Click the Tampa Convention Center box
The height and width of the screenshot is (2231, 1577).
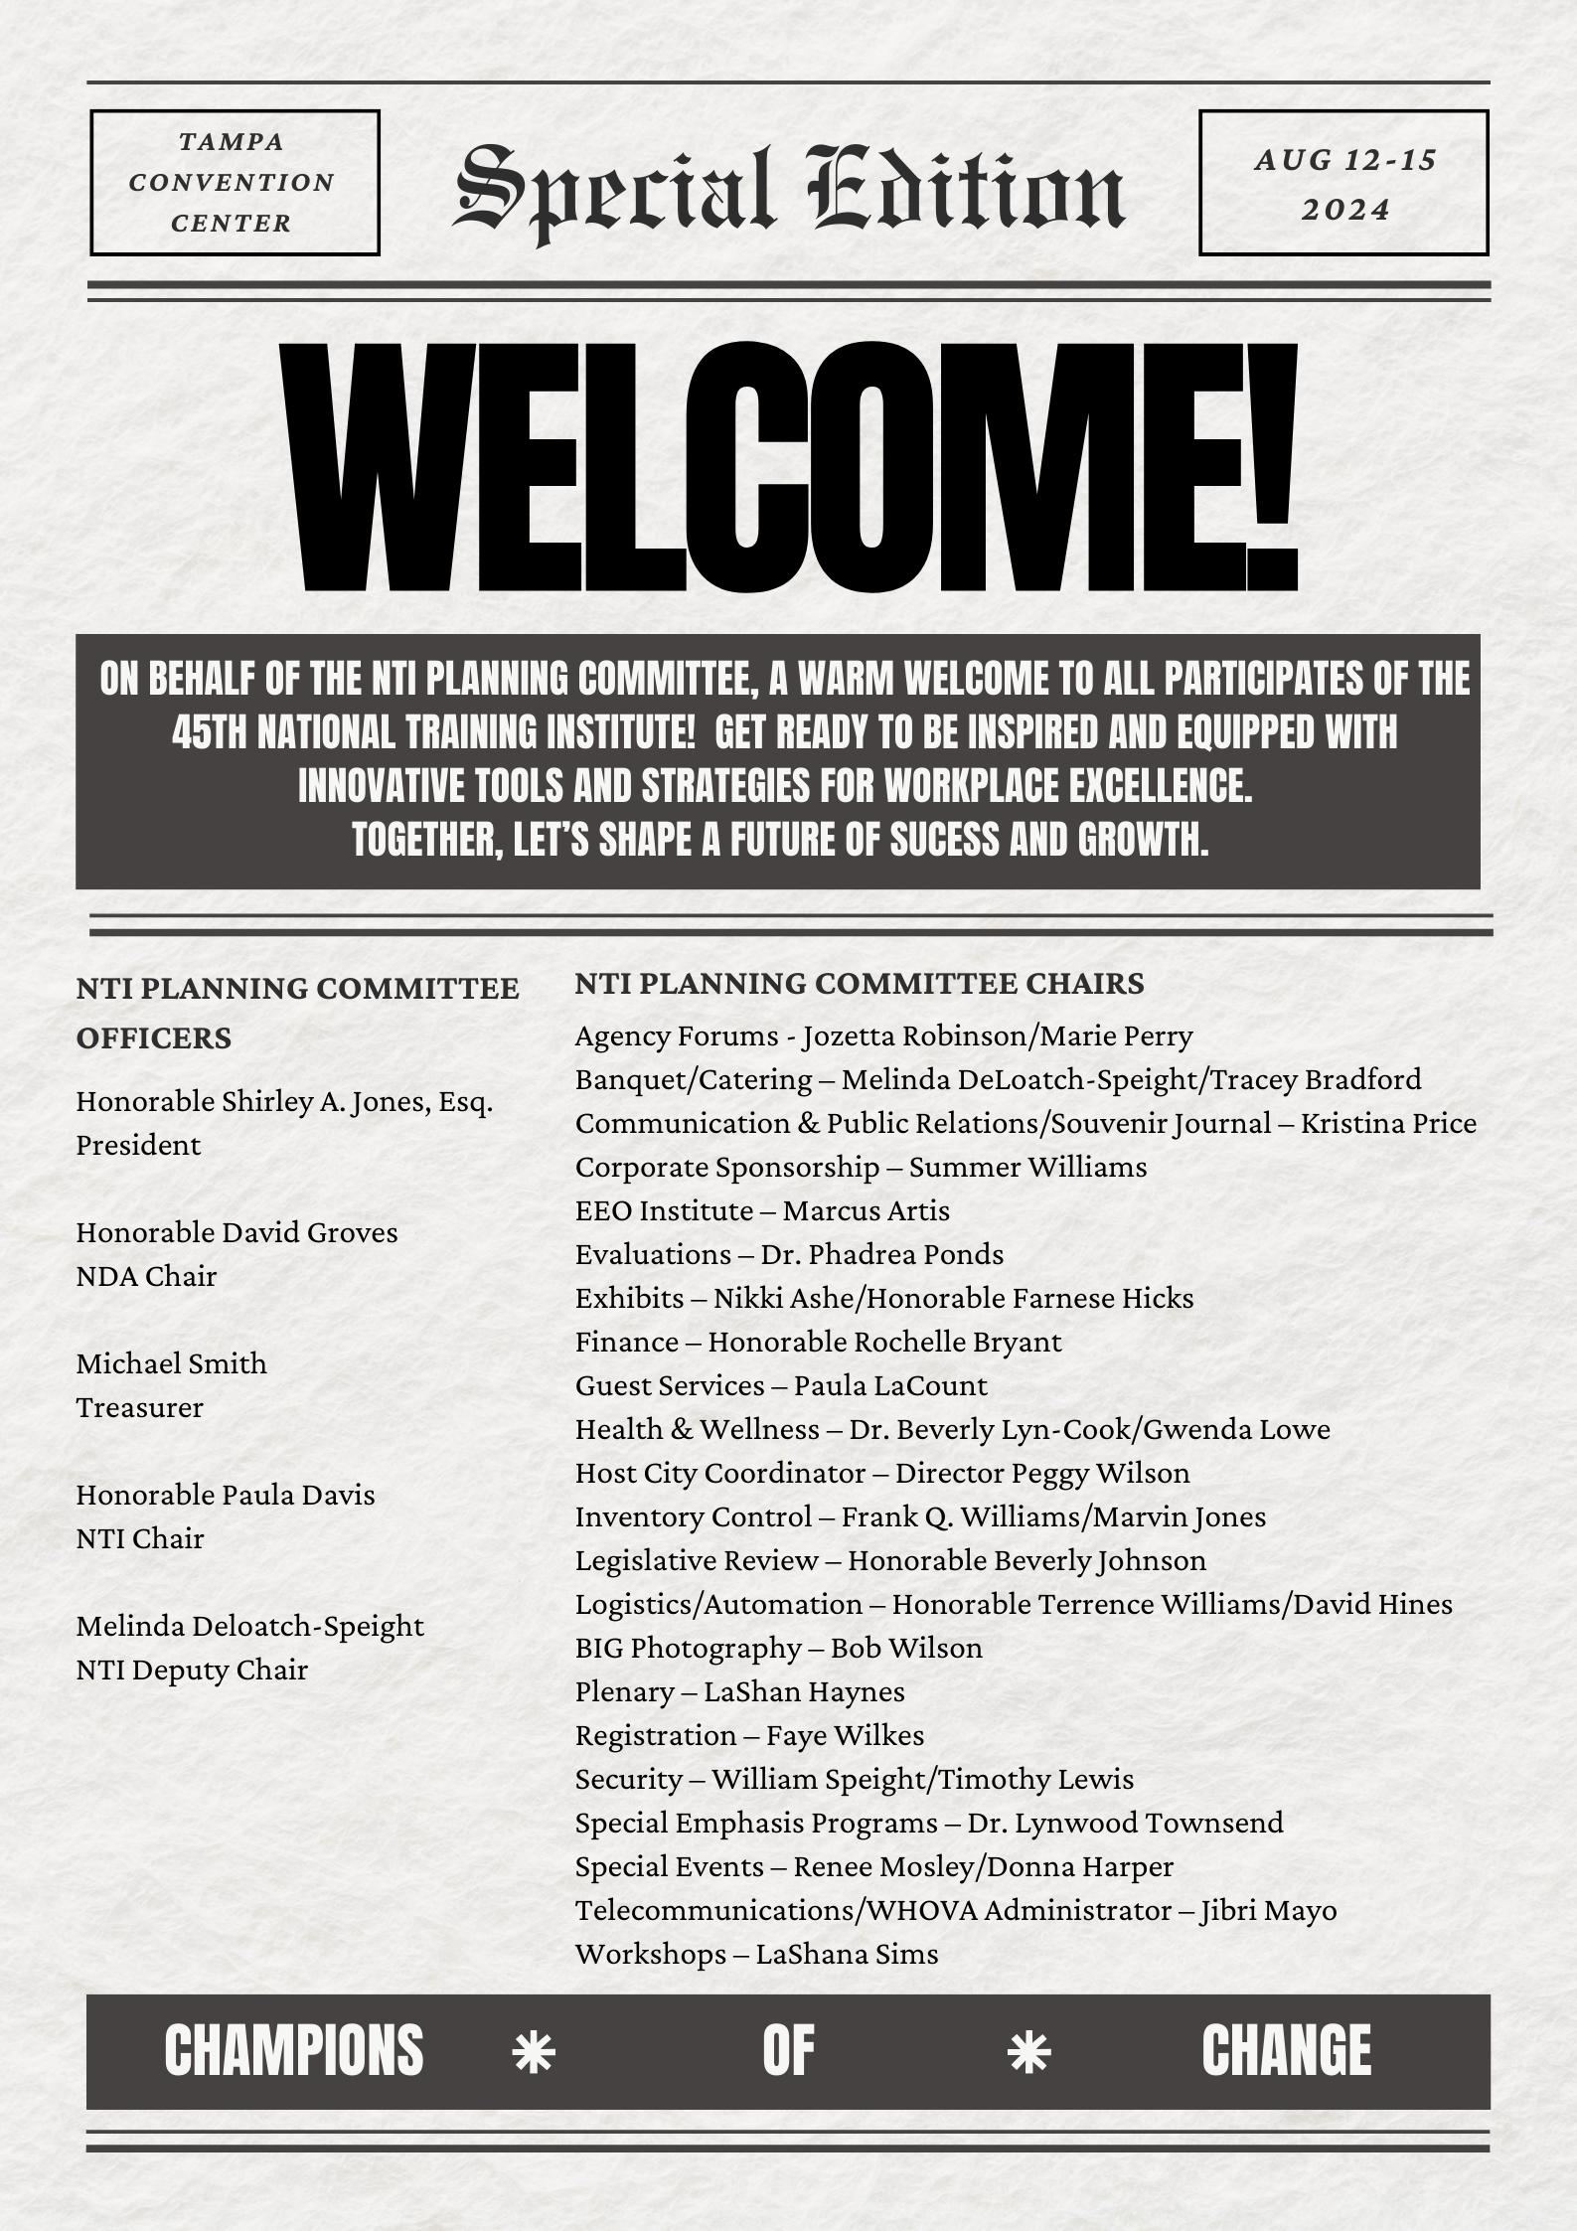(x=235, y=183)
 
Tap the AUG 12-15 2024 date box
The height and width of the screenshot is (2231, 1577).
(x=1343, y=184)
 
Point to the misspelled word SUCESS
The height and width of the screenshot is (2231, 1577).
(x=944, y=841)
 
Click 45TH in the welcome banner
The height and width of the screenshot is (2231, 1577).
(x=208, y=733)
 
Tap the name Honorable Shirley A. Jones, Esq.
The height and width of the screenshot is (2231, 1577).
(x=284, y=1101)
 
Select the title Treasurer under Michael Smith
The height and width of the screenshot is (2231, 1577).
(x=139, y=1407)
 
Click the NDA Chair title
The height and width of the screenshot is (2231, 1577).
(x=146, y=1276)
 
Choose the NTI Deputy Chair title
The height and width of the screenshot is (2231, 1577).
(x=192, y=1670)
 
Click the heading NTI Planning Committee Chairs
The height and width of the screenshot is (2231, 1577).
(x=859, y=984)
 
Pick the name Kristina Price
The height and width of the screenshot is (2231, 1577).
(x=1388, y=1123)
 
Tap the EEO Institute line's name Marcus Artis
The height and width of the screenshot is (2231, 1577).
(x=866, y=1210)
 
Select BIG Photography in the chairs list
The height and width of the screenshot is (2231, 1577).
(x=688, y=1648)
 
